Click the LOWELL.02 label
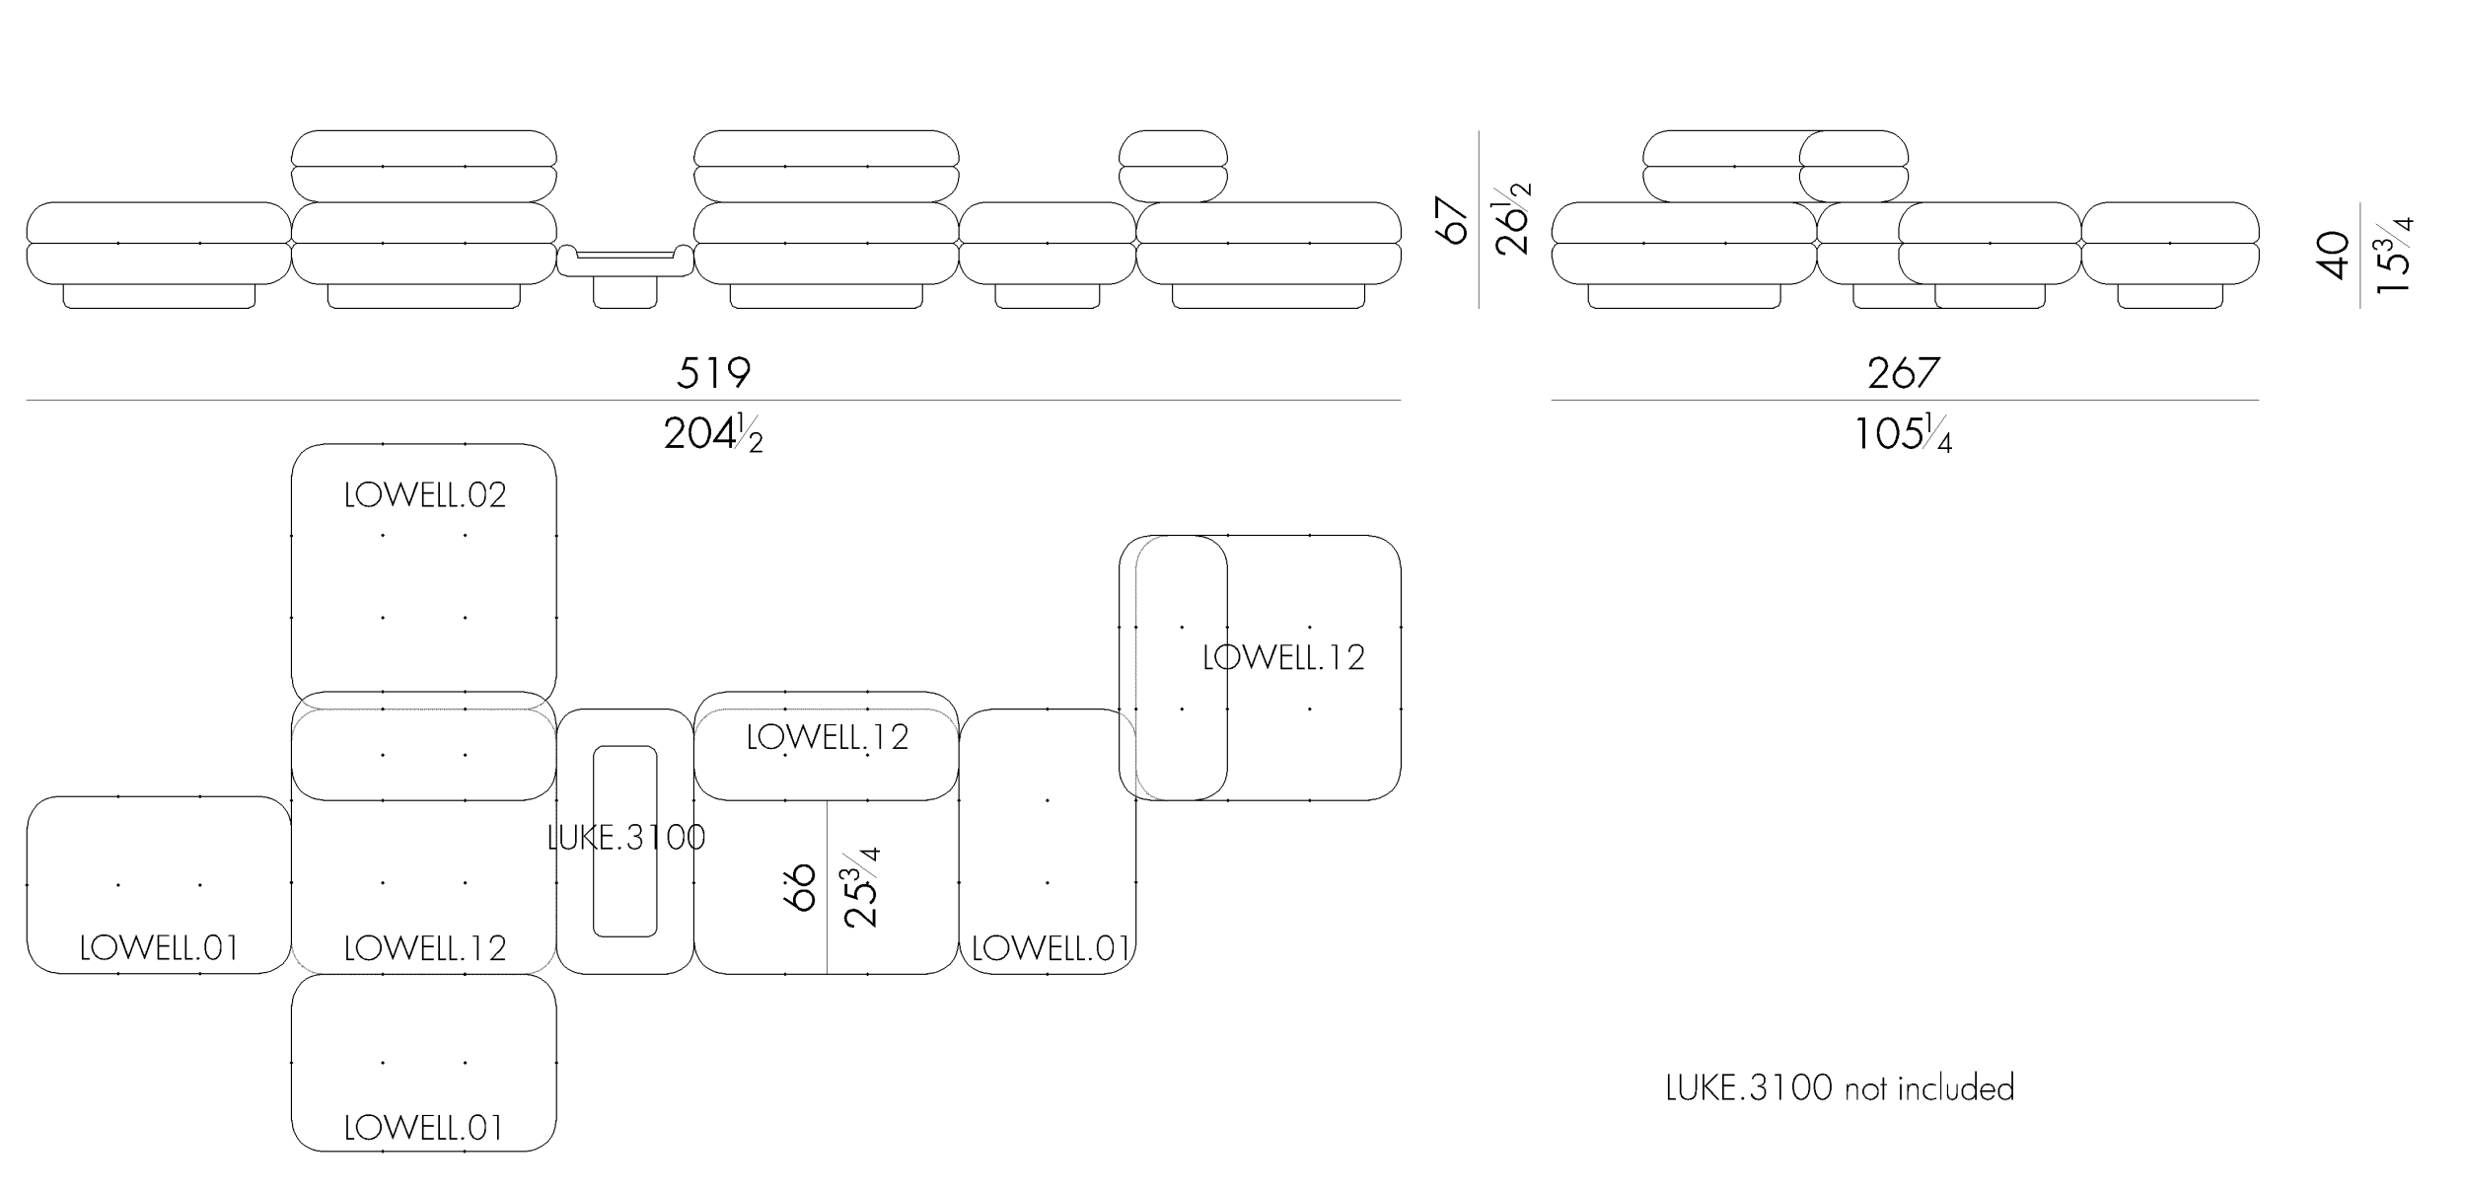click(x=425, y=495)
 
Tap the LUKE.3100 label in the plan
click(x=626, y=838)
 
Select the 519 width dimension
click(x=713, y=373)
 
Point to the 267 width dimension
click(x=1904, y=373)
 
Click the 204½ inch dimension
click(x=713, y=434)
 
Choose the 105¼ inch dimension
click(x=1903, y=434)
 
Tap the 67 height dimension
click(x=1454, y=219)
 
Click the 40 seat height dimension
click(x=2334, y=256)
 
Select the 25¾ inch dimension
click(x=861, y=887)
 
